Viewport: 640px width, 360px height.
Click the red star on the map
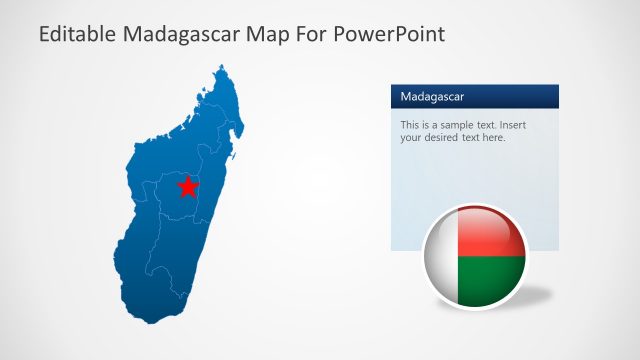point(187,186)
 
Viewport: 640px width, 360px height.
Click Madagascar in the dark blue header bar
point(432,97)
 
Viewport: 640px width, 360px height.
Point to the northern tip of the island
point(222,67)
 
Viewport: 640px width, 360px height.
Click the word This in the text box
point(410,125)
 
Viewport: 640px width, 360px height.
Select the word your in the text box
point(411,138)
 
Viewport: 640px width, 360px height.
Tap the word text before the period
point(472,138)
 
